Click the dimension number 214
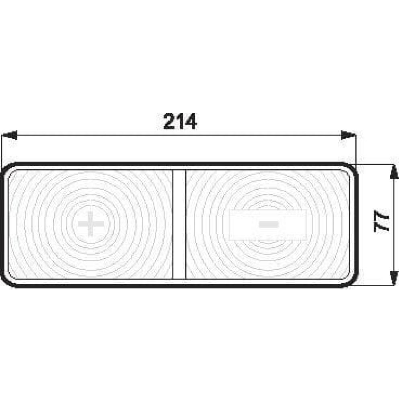point(180,121)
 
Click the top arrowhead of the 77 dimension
point(394,172)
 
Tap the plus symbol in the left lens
point(91,224)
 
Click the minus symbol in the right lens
point(269,224)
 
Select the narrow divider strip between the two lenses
point(179,224)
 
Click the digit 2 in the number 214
point(169,121)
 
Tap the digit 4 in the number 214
point(191,121)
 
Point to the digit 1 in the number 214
point(180,121)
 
